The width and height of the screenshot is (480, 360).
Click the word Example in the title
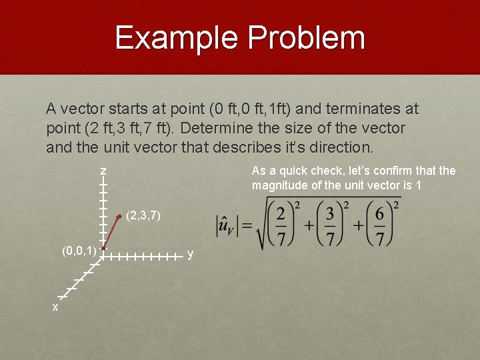[x=176, y=38]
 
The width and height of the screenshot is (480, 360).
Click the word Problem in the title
[x=307, y=38]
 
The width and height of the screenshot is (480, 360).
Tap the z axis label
[x=103, y=172]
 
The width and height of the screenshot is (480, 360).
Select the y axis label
[x=190, y=254]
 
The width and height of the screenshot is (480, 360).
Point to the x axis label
[x=55, y=307]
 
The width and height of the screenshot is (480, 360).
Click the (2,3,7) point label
[x=143, y=216]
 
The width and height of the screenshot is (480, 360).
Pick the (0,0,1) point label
[x=79, y=251]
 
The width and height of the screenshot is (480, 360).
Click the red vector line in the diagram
[x=111, y=232]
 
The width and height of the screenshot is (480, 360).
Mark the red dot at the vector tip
[x=119, y=217]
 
